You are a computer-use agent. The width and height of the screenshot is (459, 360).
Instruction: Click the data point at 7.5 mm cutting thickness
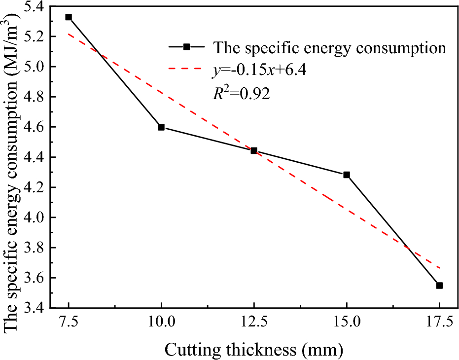point(69,17)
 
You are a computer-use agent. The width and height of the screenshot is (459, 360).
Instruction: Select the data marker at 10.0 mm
point(161,127)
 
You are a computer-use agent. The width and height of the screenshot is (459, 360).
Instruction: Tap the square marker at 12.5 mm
point(254,150)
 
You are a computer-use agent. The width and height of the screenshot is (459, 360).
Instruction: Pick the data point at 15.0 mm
point(347,175)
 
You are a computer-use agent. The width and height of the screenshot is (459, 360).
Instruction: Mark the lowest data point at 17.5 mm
point(439,286)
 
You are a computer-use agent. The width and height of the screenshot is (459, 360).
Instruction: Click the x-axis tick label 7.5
point(69,323)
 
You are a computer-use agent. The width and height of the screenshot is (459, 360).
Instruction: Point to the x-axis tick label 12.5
point(254,323)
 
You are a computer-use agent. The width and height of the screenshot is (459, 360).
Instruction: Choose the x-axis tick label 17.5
point(439,323)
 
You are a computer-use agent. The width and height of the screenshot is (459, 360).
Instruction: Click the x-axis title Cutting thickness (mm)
point(253,349)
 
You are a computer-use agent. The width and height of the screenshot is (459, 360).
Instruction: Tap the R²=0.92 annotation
point(241,94)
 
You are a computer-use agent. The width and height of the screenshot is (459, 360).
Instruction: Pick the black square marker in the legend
point(186,47)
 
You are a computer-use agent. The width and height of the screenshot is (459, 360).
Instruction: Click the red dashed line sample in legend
point(186,70)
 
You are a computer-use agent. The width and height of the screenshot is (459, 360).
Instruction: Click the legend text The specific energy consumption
point(329,47)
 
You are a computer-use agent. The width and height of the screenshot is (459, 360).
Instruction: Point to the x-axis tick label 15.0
point(347,323)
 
